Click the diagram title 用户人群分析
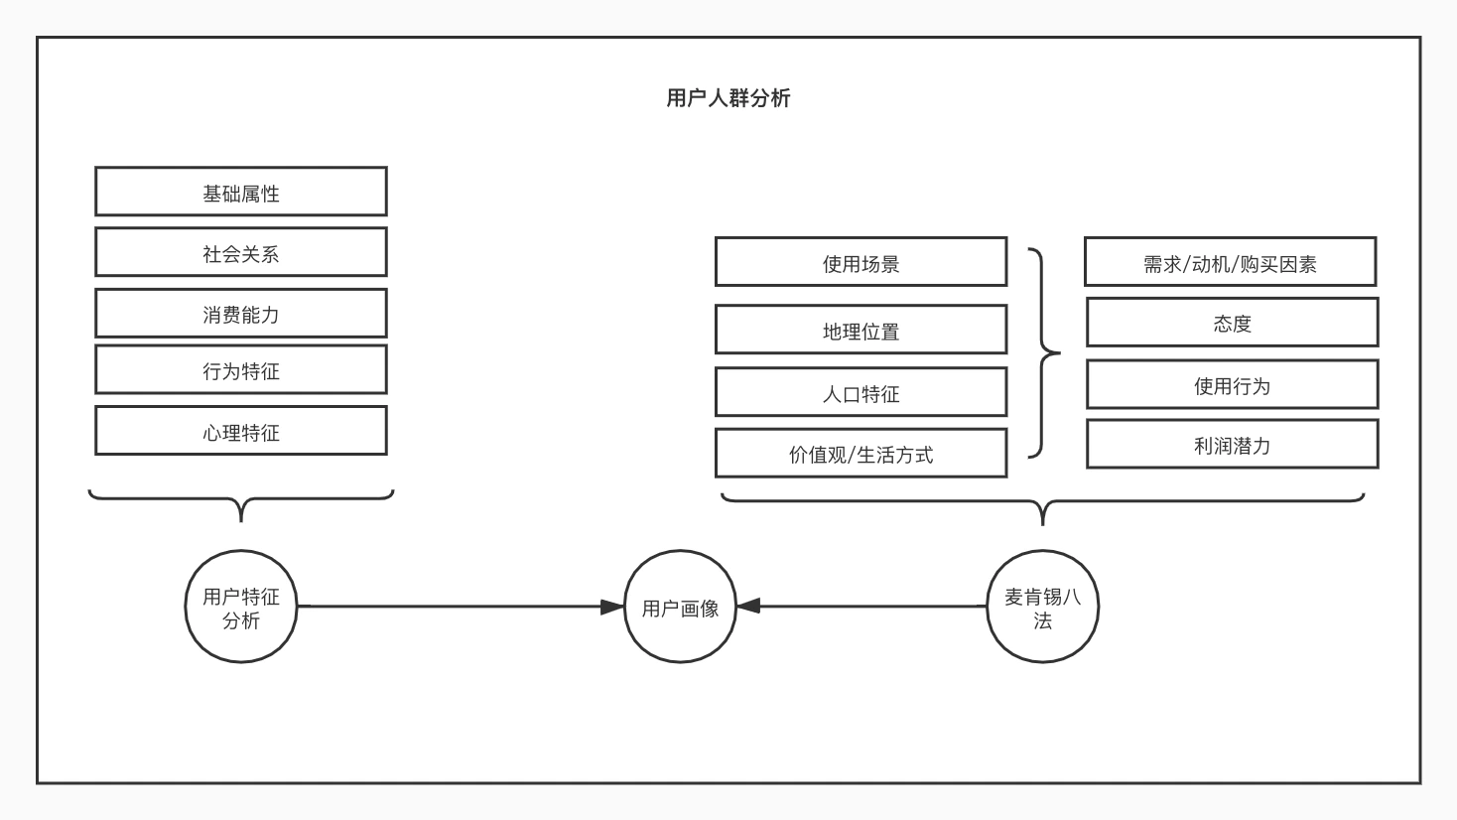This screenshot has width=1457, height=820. click(728, 98)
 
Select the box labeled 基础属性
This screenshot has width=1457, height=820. click(241, 192)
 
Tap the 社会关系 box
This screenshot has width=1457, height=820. click(241, 252)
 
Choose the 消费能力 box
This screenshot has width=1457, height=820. click(241, 313)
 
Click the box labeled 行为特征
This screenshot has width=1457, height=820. click(241, 369)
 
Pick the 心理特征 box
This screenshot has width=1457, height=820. click(241, 431)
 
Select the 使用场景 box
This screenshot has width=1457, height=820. click(861, 262)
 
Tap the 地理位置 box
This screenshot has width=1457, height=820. click(861, 330)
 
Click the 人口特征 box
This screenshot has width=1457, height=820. click(861, 392)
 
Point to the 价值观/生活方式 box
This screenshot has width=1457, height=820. click(861, 453)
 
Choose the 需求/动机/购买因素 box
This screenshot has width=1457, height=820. click(1231, 262)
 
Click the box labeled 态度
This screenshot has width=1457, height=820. click(1233, 322)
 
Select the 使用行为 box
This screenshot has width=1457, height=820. click(1233, 384)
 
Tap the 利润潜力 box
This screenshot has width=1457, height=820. click(1233, 444)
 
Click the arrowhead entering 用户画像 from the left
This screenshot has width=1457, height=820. click(612, 607)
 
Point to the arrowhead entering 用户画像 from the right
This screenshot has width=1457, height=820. click(748, 606)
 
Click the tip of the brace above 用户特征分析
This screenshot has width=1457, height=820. click(241, 521)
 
